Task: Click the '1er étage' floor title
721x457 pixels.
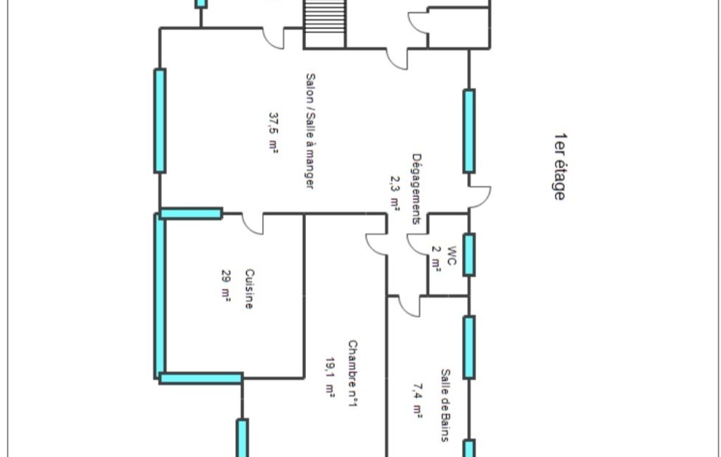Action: coord(560,167)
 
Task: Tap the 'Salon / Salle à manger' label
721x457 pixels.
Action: coord(310,131)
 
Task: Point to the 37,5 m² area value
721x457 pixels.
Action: coord(273,132)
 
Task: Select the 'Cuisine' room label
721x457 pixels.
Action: coord(249,289)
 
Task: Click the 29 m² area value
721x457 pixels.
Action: coord(226,285)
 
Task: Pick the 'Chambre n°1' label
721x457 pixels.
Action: coord(352,373)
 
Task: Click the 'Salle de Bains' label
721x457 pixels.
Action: coord(445,405)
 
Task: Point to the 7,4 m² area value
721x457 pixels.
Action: coord(417,401)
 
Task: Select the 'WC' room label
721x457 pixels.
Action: coord(452,256)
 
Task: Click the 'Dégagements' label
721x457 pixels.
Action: coord(416,188)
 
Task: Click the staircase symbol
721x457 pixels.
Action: coord(324,24)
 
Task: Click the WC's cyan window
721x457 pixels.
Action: coord(469,255)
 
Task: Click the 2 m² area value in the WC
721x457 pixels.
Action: coord(436,259)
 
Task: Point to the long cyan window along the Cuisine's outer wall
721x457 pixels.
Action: coord(160,296)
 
